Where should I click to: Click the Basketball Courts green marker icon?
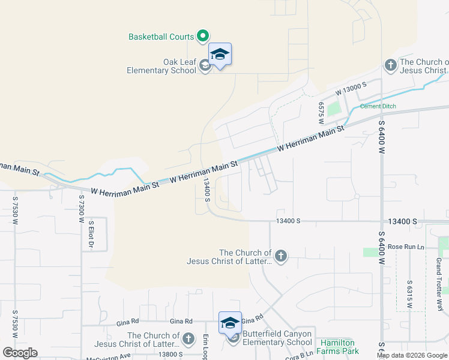[x=203, y=37]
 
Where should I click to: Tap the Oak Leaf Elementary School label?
[x=161, y=66]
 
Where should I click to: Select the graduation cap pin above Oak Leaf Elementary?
[x=220, y=55]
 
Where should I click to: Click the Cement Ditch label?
[x=378, y=106]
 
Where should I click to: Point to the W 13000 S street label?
[x=351, y=89]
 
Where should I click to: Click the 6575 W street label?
[x=322, y=109]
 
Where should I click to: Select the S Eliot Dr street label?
[x=91, y=234]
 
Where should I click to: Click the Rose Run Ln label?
[x=406, y=247]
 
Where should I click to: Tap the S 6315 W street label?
[x=409, y=294]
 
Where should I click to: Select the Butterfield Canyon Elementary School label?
[x=277, y=338]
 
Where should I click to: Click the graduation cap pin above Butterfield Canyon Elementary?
[x=231, y=323]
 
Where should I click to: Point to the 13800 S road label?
[x=171, y=355]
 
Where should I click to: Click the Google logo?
[x=20, y=353]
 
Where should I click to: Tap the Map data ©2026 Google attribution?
[x=412, y=355]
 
